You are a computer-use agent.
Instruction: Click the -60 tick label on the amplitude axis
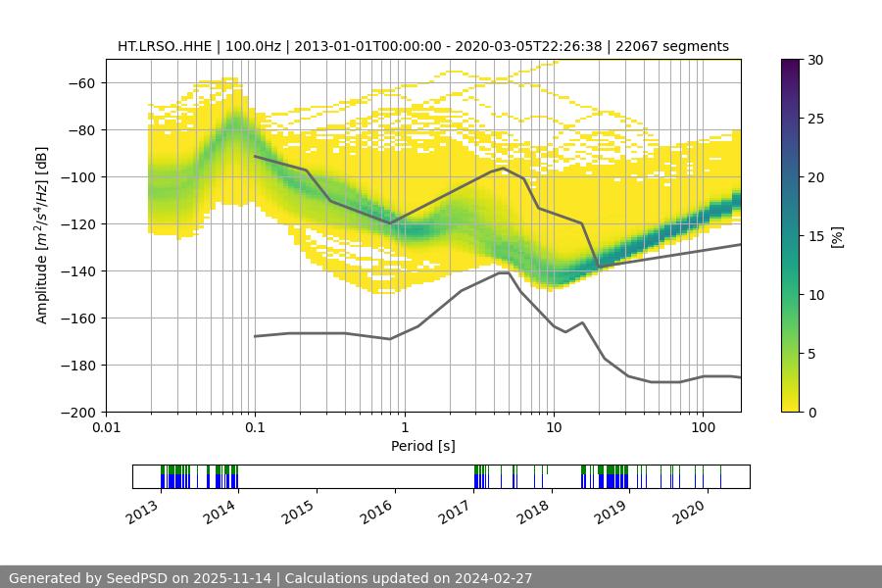[x=82, y=83]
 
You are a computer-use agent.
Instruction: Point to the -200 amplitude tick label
[x=78, y=413]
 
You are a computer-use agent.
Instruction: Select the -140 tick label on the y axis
[x=78, y=271]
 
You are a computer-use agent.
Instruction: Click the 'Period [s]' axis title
[x=422, y=446]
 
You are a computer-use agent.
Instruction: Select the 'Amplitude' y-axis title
[x=42, y=235]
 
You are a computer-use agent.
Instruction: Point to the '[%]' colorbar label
[x=836, y=236]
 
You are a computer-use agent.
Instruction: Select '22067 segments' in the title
[x=679, y=46]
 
